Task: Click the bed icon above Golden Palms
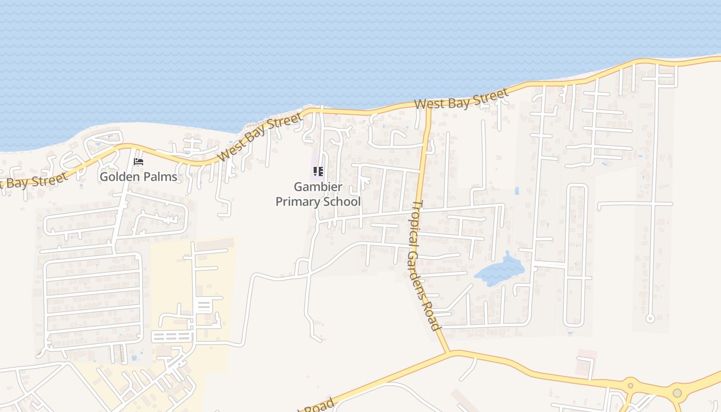coord(139,162)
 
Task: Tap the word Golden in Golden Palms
coord(117,177)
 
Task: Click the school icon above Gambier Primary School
coord(318,171)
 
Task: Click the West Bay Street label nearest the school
coord(260,138)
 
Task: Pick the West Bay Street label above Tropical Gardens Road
coord(461,99)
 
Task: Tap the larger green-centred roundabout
coord(677,393)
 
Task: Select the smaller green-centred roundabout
coord(629,386)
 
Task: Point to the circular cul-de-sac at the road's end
coord(650,318)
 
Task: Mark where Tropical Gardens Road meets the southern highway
coord(448,353)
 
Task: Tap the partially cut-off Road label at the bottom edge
coord(316,405)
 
